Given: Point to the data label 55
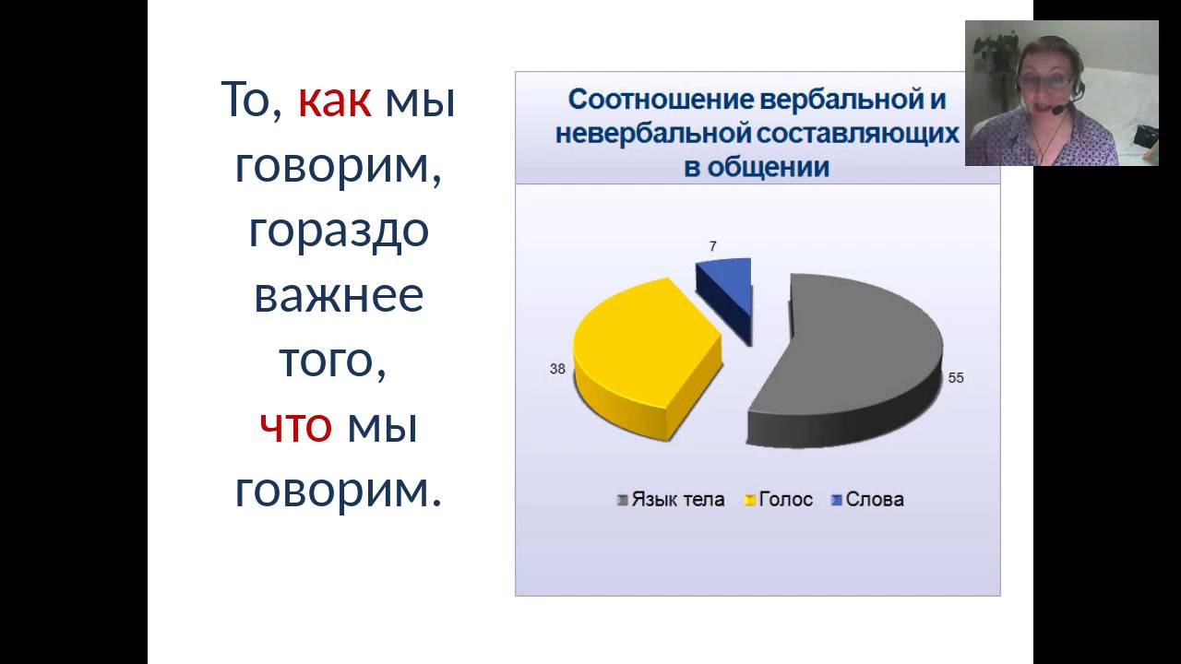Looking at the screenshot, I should pos(955,378).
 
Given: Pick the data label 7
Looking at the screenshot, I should pos(713,246).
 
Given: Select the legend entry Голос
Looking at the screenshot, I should pos(785,500).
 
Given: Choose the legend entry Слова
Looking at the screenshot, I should pos(874,500).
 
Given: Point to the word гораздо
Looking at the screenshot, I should pos(339,230).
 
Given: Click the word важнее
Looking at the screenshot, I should pos(339,295).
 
